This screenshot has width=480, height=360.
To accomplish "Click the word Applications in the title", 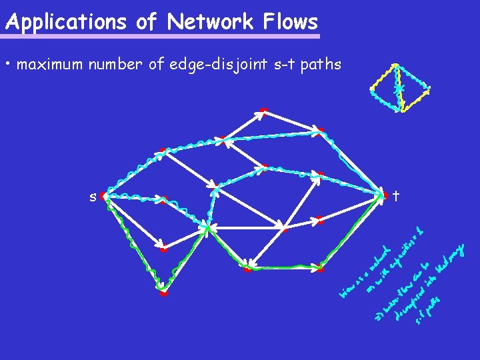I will pyautogui.click(x=65, y=23).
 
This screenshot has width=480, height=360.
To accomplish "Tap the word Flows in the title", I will pyautogui.click(x=291, y=23).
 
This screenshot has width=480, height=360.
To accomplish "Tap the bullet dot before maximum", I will pyautogui.click(x=7, y=65).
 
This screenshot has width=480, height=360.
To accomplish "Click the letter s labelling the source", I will pyautogui.click(x=93, y=196).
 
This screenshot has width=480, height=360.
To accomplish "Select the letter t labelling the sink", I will pyautogui.click(x=396, y=196).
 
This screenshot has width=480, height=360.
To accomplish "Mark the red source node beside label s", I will pyautogui.click(x=104, y=197).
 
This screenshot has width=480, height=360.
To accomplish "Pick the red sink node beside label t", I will pyautogui.click(x=385, y=195).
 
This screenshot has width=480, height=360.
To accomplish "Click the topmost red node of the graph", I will pyautogui.click(x=264, y=111).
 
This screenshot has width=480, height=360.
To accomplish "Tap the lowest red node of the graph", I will pyautogui.click(x=163, y=292).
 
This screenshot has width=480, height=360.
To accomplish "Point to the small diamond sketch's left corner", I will pyautogui.click(x=372, y=89).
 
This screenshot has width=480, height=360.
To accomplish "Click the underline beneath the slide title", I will pyautogui.click(x=162, y=36).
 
